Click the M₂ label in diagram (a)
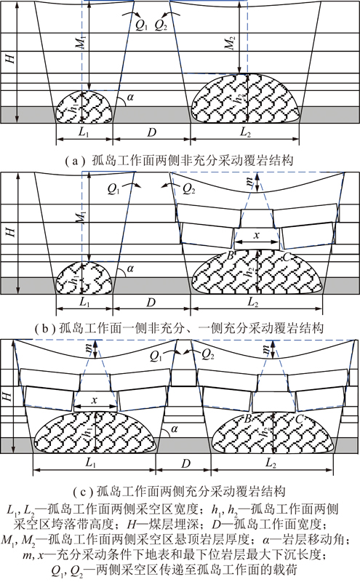click(231, 43)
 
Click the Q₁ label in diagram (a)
click(141, 25)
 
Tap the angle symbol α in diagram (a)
click(130, 97)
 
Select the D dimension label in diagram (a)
click(151, 132)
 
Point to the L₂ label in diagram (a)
click(245, 132)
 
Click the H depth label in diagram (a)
click(10, 58)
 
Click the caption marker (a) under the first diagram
click(72, 161)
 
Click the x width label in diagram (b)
click(257, 235)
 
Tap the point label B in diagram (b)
click(230, 255)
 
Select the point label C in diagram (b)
click(287, 256)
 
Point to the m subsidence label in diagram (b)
click(249, 181)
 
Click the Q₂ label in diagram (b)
click(189, 189)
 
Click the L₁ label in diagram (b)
click(84, 302)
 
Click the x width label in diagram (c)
click(95, 400)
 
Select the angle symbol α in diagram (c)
click(174, 429)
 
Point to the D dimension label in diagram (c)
click(185, 463)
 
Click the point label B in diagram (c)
click(247, 419)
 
